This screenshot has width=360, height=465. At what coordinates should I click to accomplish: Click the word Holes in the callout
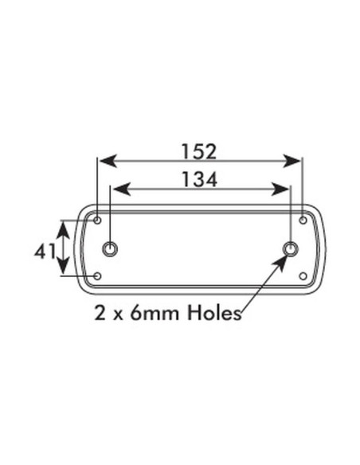pyautogui.click(x=213, y=314)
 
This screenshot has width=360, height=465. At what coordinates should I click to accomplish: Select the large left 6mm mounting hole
pyautogui.click(x=110, y=249)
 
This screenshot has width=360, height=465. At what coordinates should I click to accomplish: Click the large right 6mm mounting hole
pyautogui.click(x=292, y=249)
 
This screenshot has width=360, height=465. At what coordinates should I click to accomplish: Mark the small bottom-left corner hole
pyautogui.click(x=97, y=277)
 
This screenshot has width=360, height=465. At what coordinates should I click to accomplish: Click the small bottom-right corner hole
pyautogui.click(x=303, y=277)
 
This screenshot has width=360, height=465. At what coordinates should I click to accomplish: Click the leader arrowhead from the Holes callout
pyautogui.click(x=287, y=259)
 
